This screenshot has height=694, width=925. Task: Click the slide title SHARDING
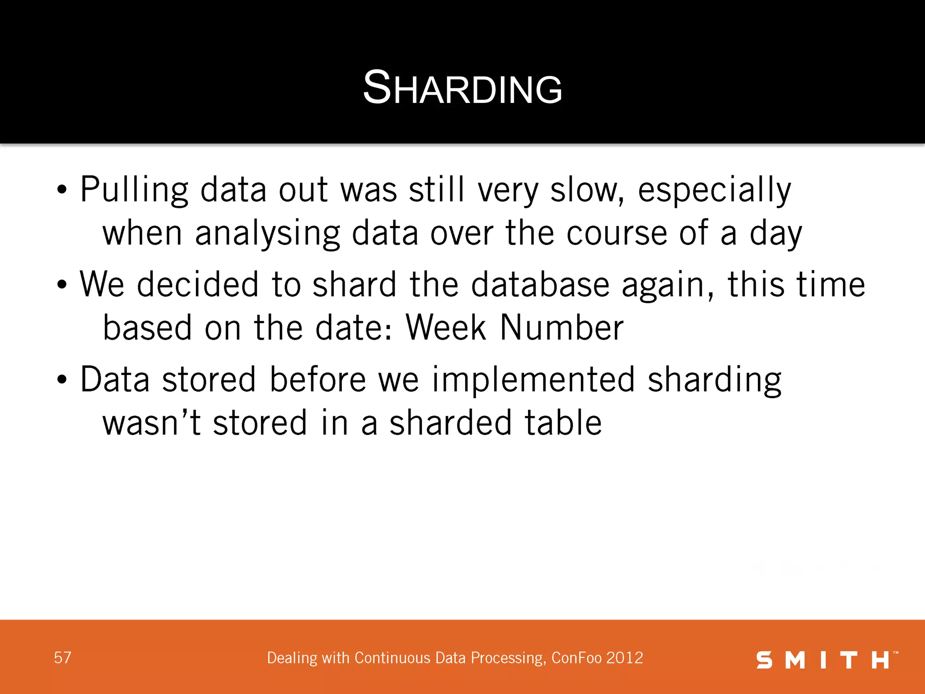462,88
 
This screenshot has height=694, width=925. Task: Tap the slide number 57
62,658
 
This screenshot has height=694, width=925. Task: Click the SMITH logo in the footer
826,660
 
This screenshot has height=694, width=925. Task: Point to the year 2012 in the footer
625,658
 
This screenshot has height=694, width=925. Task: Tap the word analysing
267,234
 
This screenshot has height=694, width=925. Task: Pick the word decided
198,285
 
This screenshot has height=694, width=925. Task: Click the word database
540,285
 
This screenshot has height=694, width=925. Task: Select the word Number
562,327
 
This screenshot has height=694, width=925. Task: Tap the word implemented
533,380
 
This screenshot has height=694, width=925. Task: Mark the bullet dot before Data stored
62,380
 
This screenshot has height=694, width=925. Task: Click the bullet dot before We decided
62,285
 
